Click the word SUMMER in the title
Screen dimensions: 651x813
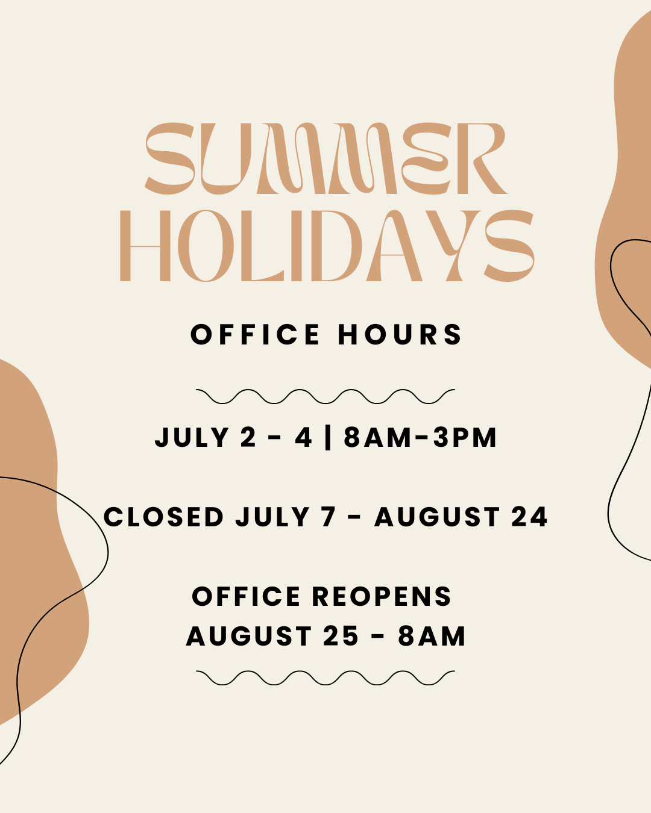click(325, 158)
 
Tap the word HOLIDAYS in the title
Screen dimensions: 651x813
click(327, 246)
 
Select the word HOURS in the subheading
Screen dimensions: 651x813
click(400, 334)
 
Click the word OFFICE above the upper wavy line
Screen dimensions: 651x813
click(256, 334)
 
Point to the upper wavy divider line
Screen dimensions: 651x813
click(325, 396)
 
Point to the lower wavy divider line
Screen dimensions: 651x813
click(325, 677)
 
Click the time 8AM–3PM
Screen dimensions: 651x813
click(420, 437)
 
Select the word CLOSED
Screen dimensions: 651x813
click(163, 517)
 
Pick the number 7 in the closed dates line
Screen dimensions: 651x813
click(329, 517)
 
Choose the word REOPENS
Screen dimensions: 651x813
click(382, 597)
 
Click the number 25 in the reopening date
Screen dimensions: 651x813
click(341, 636)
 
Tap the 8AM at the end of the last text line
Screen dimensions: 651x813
click(431, 636)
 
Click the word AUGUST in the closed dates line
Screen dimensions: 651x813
click(437, 517)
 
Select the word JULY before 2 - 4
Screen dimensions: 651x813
click(192, 437)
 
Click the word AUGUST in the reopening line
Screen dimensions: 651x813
click(249, 636)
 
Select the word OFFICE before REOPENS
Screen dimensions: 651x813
click(246, 597)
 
